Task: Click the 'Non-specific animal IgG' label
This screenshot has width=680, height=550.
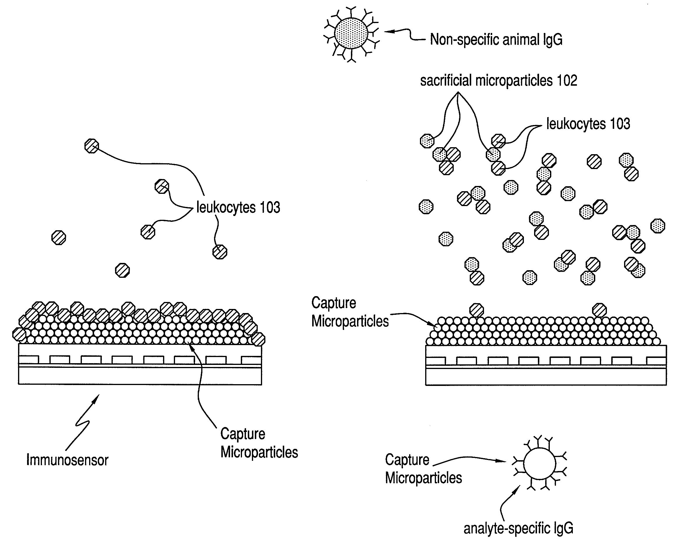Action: [496, 40]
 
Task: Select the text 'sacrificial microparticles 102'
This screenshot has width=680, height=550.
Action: [498, 80]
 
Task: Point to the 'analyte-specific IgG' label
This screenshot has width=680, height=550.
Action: [518, 528]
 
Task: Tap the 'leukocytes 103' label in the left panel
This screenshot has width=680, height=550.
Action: [238, 208]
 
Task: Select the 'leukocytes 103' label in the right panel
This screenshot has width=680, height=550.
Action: [588, 124]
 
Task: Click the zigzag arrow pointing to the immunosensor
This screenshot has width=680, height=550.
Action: [83, 421]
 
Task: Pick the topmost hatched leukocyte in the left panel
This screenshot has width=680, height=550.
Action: [92, 146]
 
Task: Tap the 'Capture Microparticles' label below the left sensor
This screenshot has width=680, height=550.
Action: [259, 443]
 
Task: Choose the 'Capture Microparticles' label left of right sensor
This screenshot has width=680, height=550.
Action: [350, 312]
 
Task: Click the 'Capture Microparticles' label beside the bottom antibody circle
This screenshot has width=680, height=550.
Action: [423, 469]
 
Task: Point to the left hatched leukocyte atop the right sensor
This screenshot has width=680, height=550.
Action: [476, 310]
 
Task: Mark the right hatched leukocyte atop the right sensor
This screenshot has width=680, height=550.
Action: [599, 310]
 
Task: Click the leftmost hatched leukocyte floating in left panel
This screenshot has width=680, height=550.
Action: [59, 238]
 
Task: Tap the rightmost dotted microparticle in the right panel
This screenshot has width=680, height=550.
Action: [658, 226]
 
